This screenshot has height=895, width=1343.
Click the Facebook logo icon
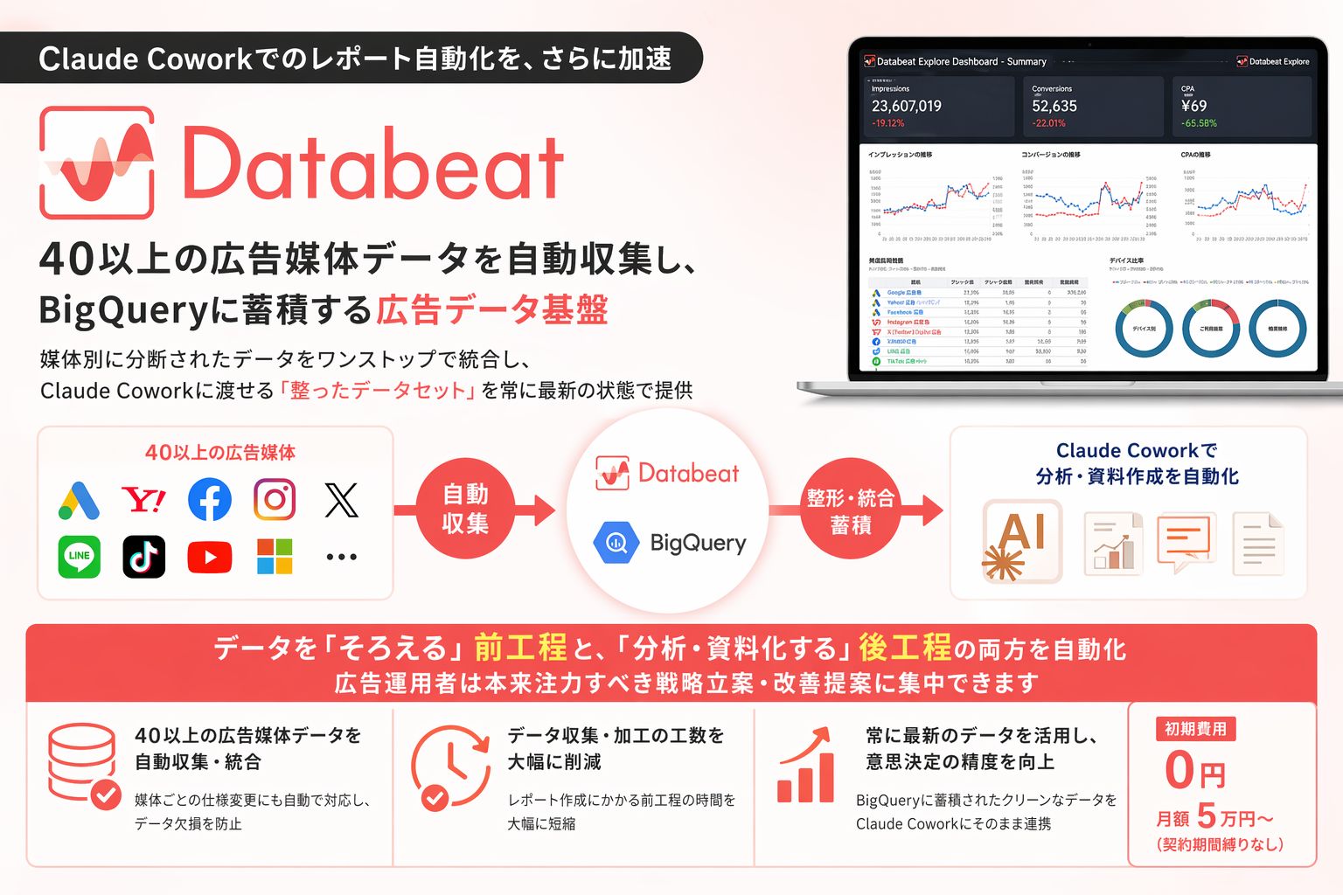click(x=210, y=500)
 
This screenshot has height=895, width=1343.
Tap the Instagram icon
click(x=275, y=500)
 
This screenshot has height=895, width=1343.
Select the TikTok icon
click(x=144, y=557)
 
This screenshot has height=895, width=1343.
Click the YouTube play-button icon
click(x=210, y=558)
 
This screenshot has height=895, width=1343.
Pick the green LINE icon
click(x=80, y=557)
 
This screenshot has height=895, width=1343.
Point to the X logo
click(x=341, y=500)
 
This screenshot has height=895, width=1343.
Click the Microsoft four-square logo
click(x=275, y=557)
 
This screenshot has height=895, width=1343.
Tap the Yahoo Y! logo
click(x=144, y=500)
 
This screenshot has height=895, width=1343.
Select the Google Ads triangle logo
click(x=80, y=501)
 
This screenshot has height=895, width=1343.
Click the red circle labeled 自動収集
click(x=465, y=509)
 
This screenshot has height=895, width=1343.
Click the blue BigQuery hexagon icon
click(x=616, y=543)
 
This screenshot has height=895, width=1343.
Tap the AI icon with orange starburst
click(x=1022, y=541)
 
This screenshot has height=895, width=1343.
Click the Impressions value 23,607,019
click(x=907, y=107)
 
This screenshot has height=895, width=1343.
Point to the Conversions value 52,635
click(x=1054, y=107)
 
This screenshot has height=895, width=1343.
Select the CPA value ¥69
click(x=1193, y=107)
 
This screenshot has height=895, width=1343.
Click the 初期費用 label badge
click(x=1195, y=729)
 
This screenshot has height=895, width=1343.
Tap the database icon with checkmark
click(x=84, y=765)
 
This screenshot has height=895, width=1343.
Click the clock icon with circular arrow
click(x=450, y=765)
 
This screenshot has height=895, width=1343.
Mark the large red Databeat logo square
click(x=97, y=163)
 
